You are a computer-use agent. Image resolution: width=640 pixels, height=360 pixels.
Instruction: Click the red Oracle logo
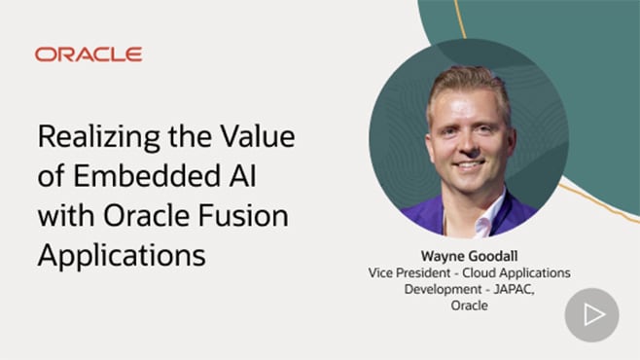click(x=89, y=54)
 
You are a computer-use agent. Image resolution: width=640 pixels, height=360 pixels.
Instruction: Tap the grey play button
click(x=591, y=314)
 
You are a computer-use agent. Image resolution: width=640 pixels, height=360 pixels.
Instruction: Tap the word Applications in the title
click(x=122, y=255)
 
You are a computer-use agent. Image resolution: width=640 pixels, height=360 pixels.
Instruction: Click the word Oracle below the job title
click(x=470, y=305)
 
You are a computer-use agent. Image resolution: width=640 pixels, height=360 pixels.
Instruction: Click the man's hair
click(x=467, y=83)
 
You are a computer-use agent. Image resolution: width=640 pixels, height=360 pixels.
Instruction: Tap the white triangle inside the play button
click(x=593, y=314)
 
